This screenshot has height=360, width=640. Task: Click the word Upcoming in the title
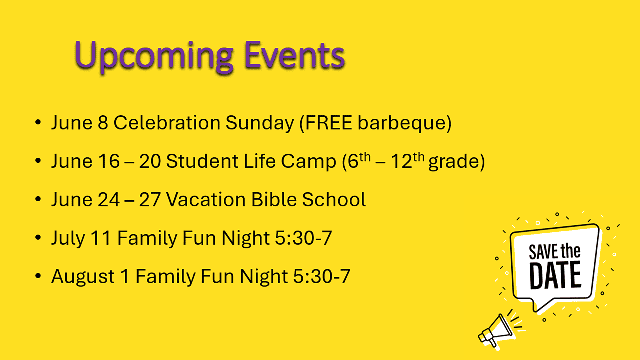tap(154, 56)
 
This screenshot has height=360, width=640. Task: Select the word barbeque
tap(402, 123)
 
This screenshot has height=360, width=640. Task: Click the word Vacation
tap(206, 200)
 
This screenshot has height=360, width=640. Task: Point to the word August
tap(83, 277)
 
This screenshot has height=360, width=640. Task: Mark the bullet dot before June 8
tap(38, 122)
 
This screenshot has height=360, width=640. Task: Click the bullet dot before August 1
tap(38, 276)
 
